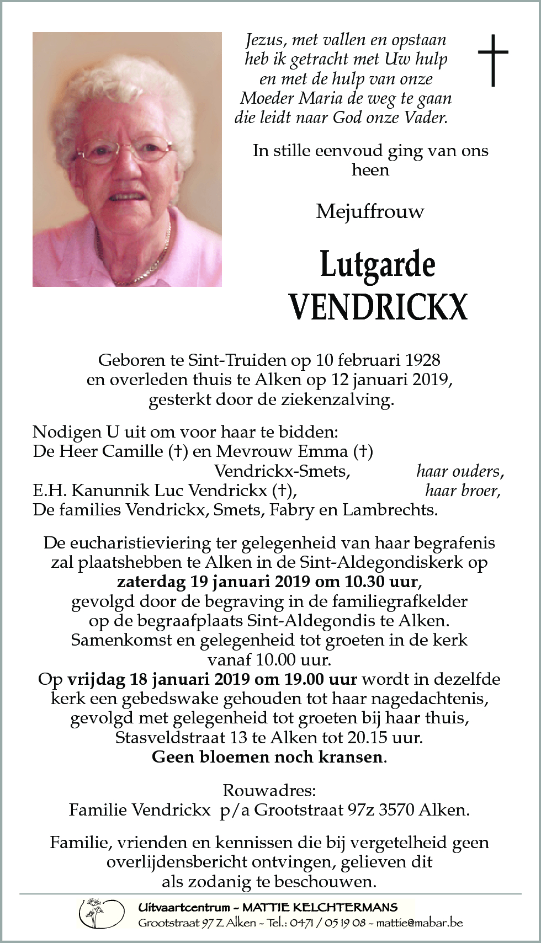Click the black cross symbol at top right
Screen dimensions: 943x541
(492, 60)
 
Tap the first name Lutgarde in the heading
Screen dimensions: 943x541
(378, 265)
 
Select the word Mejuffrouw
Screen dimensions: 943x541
(370, 211)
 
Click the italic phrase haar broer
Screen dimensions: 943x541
(463, 491)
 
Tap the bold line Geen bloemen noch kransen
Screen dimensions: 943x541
(268, 756)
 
